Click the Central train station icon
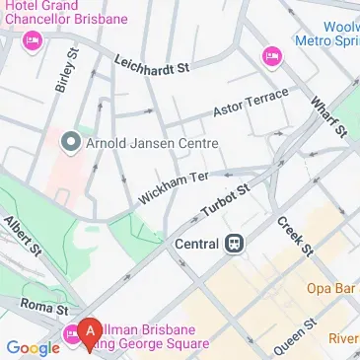[235, 244]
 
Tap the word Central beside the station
[196, 244]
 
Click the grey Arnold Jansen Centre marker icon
[70, 144]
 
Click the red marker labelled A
[91, 331]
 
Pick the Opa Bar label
[330, 288]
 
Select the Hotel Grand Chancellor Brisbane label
[63, 14]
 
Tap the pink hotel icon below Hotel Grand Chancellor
[31, 41]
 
